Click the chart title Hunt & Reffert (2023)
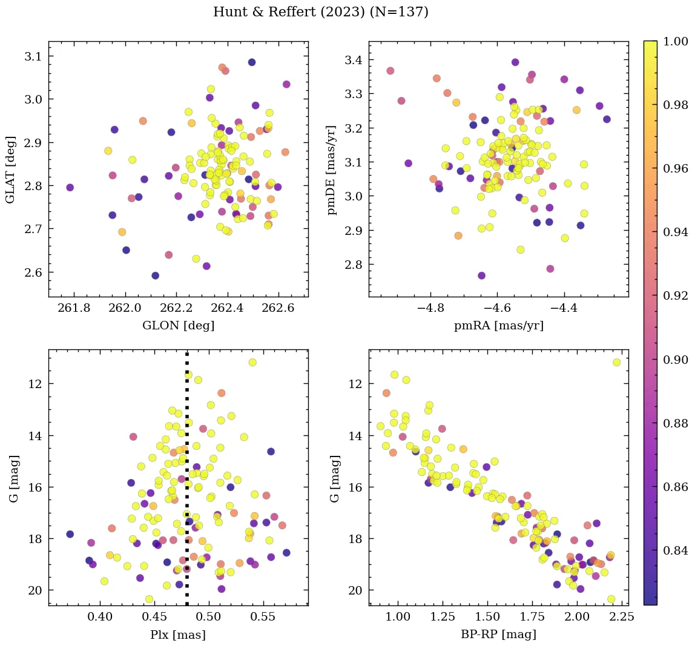(x=321, y=12)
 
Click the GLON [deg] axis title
(x=178, y=326)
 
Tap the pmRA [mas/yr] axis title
(x=498, y=326)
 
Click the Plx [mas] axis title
(x=178, y=634)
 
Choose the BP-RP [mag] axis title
(x=498, y=634)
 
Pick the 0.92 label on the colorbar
(x=676, y=296)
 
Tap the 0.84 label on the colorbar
(x=676, y=550)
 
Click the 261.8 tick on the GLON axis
(x=74, y=309)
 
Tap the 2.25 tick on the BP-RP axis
(x=621, y=618)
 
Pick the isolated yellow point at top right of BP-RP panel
(x=616, y=362)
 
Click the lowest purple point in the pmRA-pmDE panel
(x=482, y=275)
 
